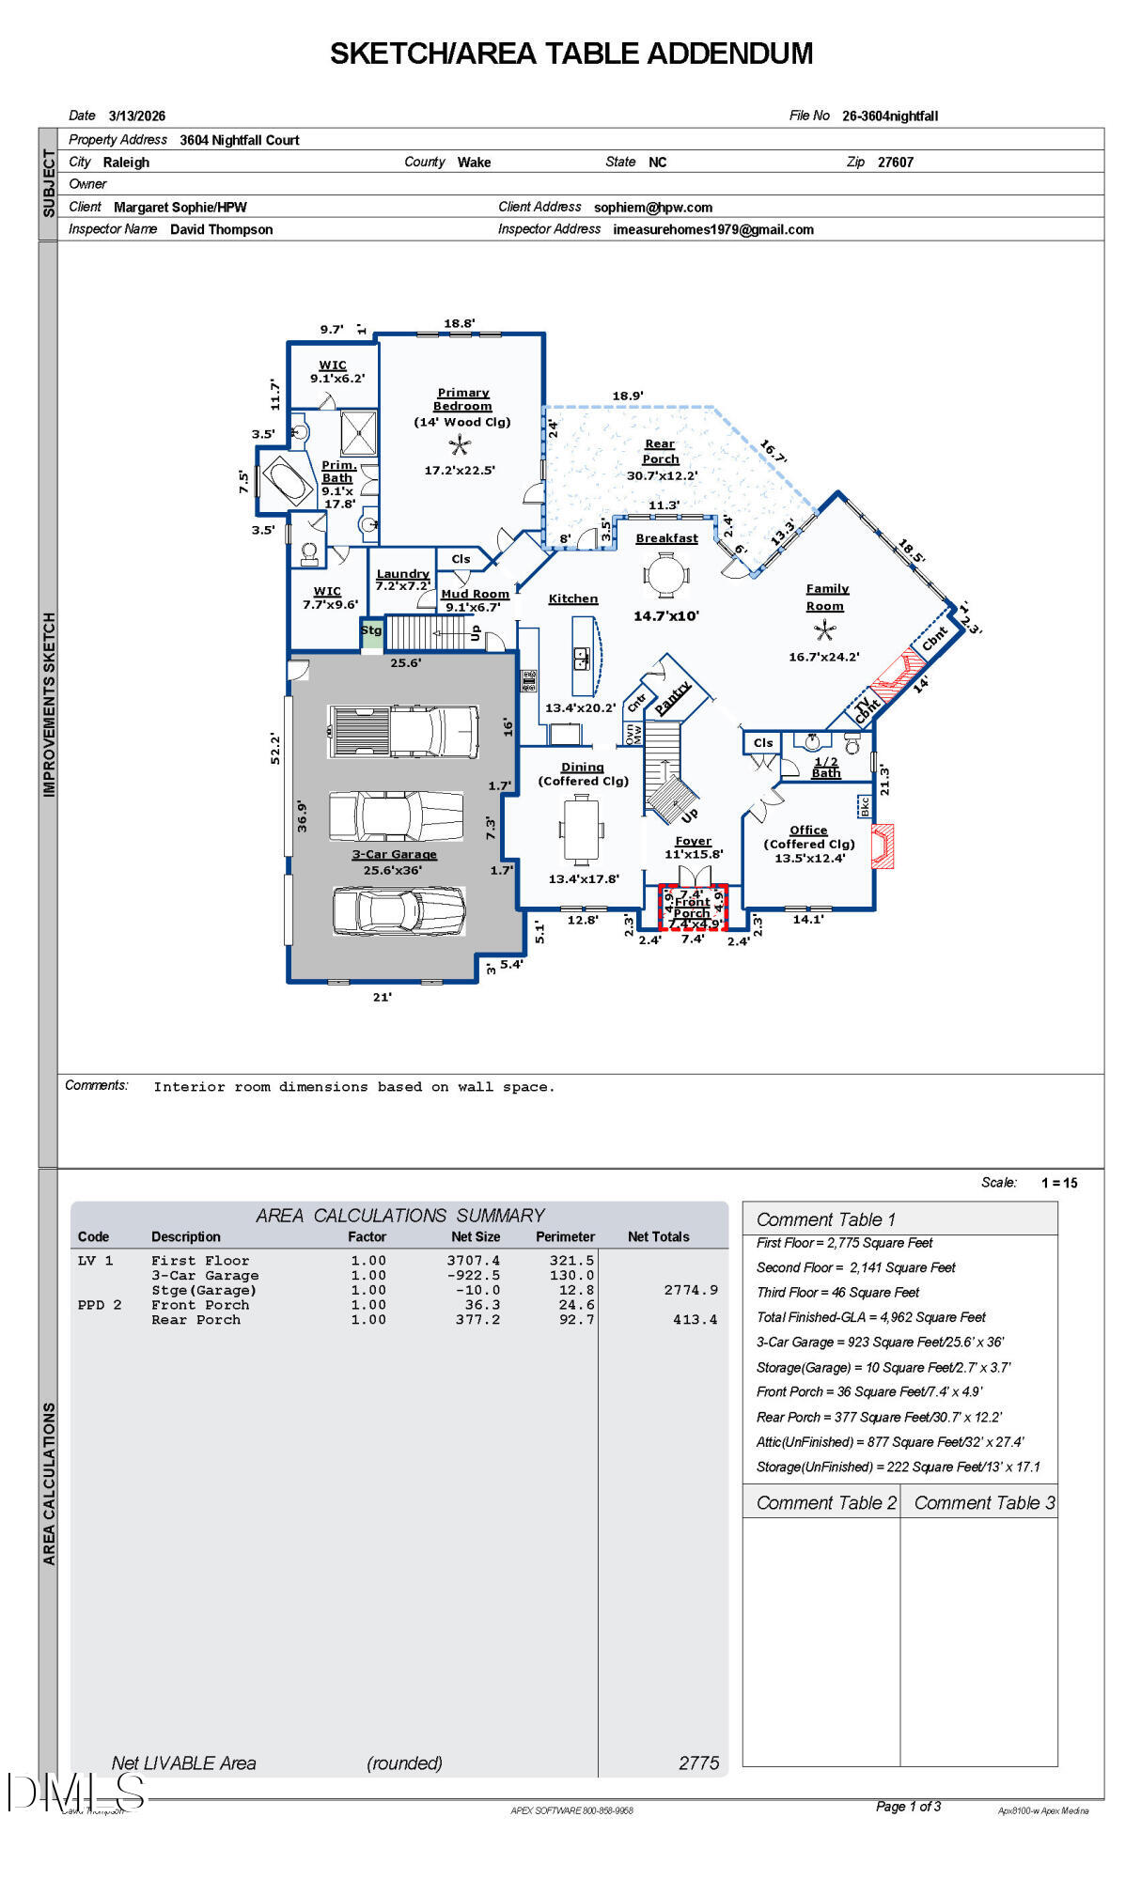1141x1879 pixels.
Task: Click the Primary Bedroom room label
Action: [x=462, y=399]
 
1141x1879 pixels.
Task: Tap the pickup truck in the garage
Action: [x=403, y=731]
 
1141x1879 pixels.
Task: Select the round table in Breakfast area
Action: [x=666, y=575]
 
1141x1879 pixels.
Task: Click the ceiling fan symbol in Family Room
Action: [x=825, y=631]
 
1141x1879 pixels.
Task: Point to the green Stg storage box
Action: [x=372, y=631]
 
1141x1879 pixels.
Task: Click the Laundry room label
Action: [x=402, y=573]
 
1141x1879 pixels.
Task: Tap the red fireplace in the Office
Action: [x=883, y=846]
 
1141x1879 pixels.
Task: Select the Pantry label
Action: [x=673, y=696]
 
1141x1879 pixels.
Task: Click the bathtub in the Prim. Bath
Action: [x=289, y=482]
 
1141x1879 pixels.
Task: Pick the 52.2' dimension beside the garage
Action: [x=275, y=749]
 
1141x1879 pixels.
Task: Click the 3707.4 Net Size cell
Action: [x=474, y=1261]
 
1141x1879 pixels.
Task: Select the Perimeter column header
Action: [x=565, y=1236]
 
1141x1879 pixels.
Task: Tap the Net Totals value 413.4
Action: [x=695, y=1320]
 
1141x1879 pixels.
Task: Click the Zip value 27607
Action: [x=895, y=163]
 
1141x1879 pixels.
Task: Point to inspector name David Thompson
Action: [x=222, y=229]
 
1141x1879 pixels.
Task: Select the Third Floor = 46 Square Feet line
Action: [x=837, y=1293]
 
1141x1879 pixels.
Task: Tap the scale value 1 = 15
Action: [x=1059, y=1183]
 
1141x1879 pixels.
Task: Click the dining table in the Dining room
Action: [x=581, y=830]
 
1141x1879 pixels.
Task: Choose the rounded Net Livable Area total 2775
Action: [x=698, y=1763]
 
